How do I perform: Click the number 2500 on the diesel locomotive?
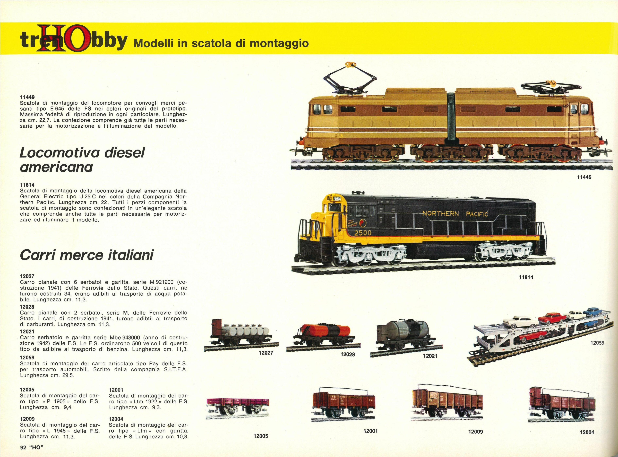click(x=363, y=233)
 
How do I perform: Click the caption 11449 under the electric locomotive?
click(x=584, y=177)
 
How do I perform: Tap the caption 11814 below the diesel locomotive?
click(x=526, y=277)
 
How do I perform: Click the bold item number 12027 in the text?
click(x=27, y=276)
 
